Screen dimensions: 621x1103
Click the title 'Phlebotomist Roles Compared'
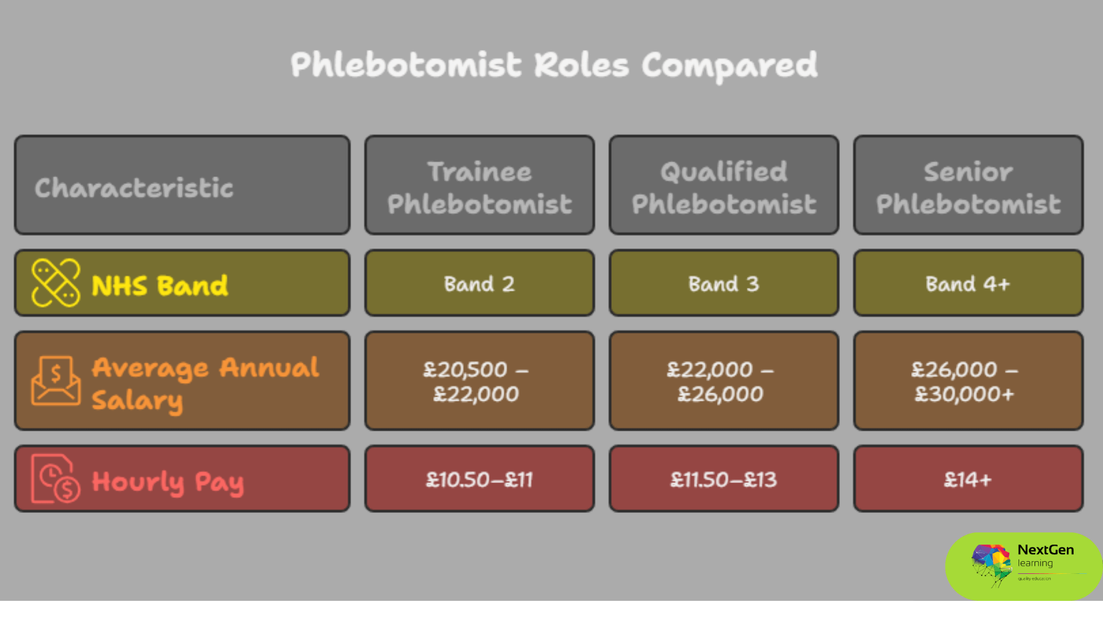click(x=554, y=66)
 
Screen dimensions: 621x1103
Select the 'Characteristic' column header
click(x=134, y=188)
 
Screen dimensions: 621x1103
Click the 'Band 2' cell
click(x=479, y=284)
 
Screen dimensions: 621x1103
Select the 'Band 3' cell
click(x=724, y=284)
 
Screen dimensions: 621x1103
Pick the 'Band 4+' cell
click(x=968, y=284)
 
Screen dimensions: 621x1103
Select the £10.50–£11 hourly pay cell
click(x=479, y=480)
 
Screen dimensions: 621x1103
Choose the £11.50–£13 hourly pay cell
click(x=724, y=480)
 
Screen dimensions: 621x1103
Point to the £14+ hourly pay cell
click(x=968, y=480)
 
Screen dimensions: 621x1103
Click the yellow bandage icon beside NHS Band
click(x=56, y=282)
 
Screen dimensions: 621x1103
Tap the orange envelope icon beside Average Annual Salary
click(x=56, y=381)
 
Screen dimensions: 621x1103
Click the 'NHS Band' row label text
click(x=160, y=286)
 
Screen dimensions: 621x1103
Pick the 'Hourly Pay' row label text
click(x=168, y=482)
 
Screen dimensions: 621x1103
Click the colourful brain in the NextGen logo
click(x=991, y=563)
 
